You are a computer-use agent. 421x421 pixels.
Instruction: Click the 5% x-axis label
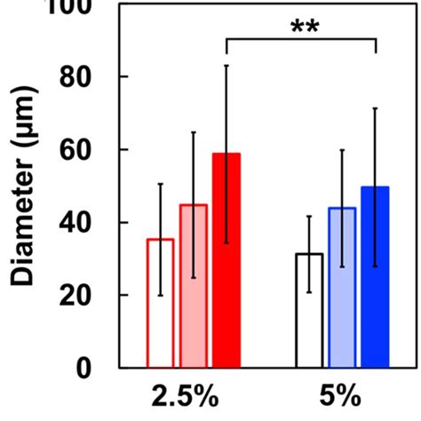pos(342,395)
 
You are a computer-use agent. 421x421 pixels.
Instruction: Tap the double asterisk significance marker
pos(304,24)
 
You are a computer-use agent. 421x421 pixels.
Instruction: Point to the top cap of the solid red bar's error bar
pos(226,65)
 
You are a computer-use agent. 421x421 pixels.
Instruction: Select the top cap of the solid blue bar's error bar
pos(375,108)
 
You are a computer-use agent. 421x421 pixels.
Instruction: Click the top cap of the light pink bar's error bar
pos(194,131)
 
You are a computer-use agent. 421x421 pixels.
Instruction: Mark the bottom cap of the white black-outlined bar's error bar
pos(309,291)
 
